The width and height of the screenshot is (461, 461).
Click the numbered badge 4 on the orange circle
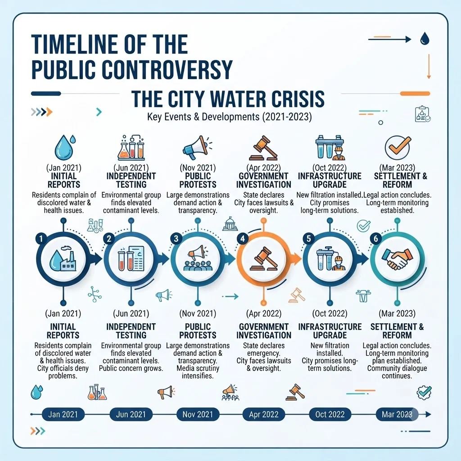(243, 238)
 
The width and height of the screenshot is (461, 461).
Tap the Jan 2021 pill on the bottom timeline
(63, 414)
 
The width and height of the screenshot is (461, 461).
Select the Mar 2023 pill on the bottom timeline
(397, 414)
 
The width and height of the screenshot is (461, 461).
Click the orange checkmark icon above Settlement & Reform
(398, 147)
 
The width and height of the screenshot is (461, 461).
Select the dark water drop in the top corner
(425, 39)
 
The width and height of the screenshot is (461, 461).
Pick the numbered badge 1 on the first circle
(41, 238)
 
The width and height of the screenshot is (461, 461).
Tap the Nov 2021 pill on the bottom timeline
(198, 414)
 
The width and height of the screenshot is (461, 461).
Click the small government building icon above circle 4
(230, 224)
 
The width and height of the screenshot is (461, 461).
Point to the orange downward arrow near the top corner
(429, 67)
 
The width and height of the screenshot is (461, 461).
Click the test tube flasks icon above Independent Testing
(131, 147)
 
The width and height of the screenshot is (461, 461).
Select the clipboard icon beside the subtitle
(423, 114)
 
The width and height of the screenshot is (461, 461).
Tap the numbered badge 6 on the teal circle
(375, 238)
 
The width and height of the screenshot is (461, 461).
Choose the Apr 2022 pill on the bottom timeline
(264, 414)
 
